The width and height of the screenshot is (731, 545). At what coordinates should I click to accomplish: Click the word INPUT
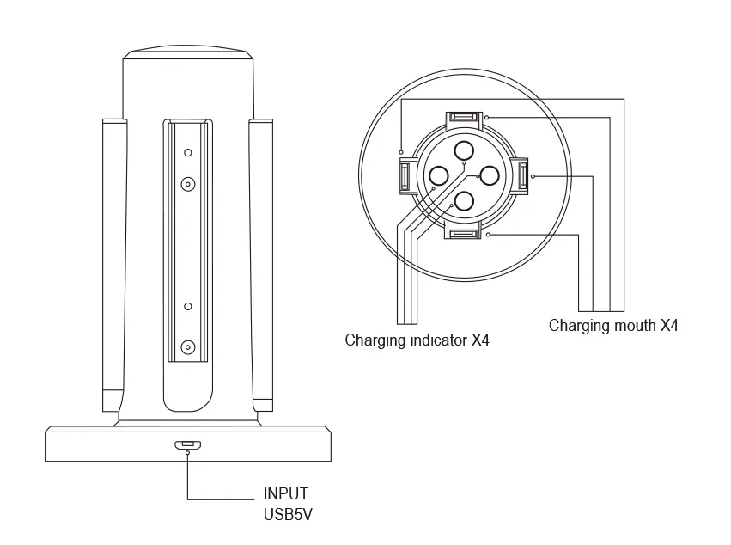point(285,493)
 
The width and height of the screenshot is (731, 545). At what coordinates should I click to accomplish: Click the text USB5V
point(288,514)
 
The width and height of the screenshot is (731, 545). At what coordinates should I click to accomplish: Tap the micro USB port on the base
point(188,444)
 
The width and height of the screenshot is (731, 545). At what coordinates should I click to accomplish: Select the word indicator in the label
point(438,340)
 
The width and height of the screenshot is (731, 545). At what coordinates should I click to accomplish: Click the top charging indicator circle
point(464,150)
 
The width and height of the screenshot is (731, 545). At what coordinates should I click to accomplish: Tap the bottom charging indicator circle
point(464,201)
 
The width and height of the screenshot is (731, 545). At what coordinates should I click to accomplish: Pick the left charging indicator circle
point(438,176)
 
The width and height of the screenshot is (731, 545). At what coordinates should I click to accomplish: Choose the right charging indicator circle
point(490,176)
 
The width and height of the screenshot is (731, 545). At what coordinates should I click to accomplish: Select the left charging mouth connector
point(405,176)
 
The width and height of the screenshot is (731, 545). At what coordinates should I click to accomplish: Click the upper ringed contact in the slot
point(188,184)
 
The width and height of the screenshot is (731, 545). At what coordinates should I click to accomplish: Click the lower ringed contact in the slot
point(188,347)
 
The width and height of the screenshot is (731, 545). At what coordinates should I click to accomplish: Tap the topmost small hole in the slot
point(188,152)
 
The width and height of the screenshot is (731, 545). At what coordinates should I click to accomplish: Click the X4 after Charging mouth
point(669,325)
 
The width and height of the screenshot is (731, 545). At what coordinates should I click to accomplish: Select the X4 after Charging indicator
point(480,340)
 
